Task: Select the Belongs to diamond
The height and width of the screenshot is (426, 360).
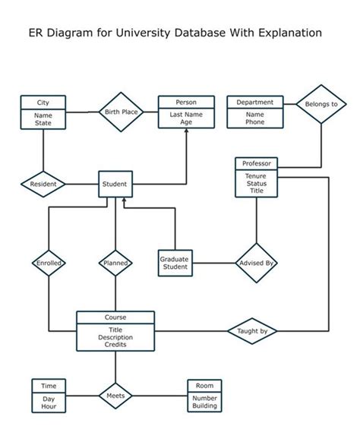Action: (321, 103)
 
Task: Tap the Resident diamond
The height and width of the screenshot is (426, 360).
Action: (43, 184)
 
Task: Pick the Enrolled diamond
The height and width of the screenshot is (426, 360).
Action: (49, 263)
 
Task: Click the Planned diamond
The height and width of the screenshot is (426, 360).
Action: (115, 263)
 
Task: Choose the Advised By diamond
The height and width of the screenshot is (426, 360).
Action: (256, 263)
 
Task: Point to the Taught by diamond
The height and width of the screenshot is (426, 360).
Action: (252, 331)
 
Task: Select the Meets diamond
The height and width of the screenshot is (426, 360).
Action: (115, 396)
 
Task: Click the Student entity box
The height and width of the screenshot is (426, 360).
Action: (115, 184)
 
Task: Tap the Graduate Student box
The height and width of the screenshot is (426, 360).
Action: (174, 263)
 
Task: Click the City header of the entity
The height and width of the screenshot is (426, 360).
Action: (43, 103)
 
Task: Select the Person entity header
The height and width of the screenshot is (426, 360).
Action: (186, 103)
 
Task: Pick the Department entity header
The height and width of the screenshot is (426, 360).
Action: (255, 103)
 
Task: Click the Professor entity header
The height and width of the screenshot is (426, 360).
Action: (256, 163)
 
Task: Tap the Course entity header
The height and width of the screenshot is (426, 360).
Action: (115, 317)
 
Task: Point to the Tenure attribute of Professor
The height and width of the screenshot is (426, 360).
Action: (256, 175)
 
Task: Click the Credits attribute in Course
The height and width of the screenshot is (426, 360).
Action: (115, 344)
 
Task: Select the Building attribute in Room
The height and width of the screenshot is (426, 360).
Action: (205, 406)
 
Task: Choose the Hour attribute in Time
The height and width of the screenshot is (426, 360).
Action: (49, 406)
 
